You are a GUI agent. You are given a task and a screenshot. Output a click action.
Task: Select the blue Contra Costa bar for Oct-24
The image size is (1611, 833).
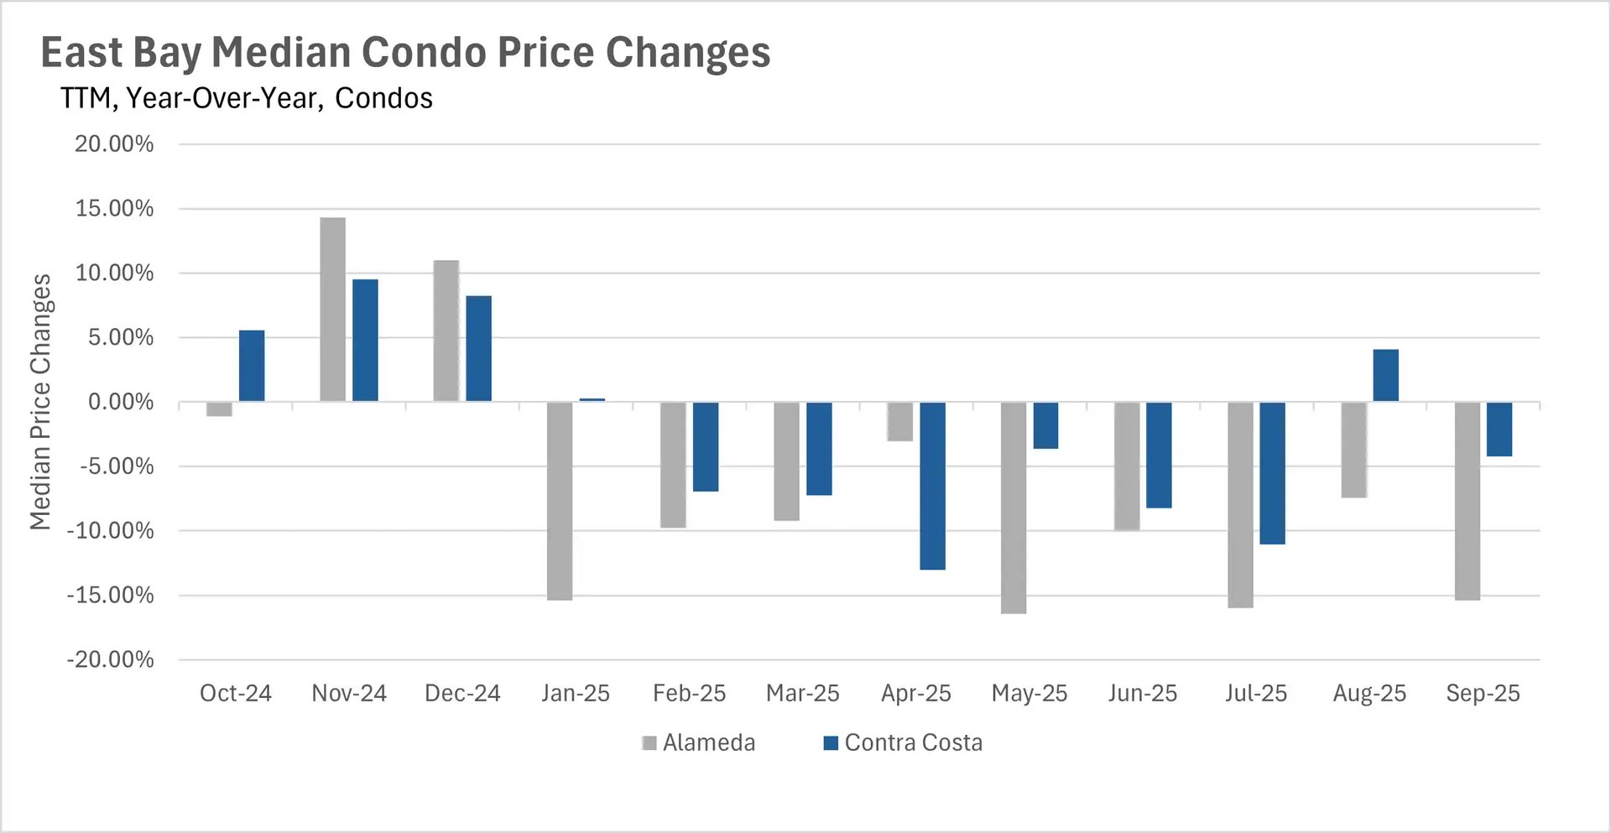252,366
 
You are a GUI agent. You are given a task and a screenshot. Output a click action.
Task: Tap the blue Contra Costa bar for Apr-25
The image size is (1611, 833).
932,486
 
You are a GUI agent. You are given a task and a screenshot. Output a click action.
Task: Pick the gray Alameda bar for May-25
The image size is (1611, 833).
1014,508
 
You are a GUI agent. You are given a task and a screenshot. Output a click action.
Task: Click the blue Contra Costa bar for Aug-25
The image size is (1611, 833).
1385,375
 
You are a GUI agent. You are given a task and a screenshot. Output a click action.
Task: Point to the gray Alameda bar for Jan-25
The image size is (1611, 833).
560,501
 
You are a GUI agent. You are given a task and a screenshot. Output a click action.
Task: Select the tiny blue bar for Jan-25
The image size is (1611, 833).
592,400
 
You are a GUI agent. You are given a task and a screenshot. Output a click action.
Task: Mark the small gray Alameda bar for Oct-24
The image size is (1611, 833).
219,409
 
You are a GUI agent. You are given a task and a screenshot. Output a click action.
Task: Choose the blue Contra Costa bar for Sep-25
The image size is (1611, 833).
1499,429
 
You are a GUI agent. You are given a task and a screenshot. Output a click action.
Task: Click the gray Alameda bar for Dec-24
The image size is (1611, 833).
446,331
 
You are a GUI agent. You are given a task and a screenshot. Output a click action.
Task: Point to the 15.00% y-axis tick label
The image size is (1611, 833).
114,208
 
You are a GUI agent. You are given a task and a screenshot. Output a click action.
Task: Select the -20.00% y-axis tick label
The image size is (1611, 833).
110,659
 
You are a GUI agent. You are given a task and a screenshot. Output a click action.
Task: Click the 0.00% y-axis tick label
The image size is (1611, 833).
121,402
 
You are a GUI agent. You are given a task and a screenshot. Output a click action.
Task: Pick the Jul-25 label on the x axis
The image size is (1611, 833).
1255,693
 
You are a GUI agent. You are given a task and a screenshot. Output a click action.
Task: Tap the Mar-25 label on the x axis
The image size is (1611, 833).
802,693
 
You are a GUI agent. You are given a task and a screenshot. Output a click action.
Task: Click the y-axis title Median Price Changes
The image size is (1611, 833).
40,402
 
